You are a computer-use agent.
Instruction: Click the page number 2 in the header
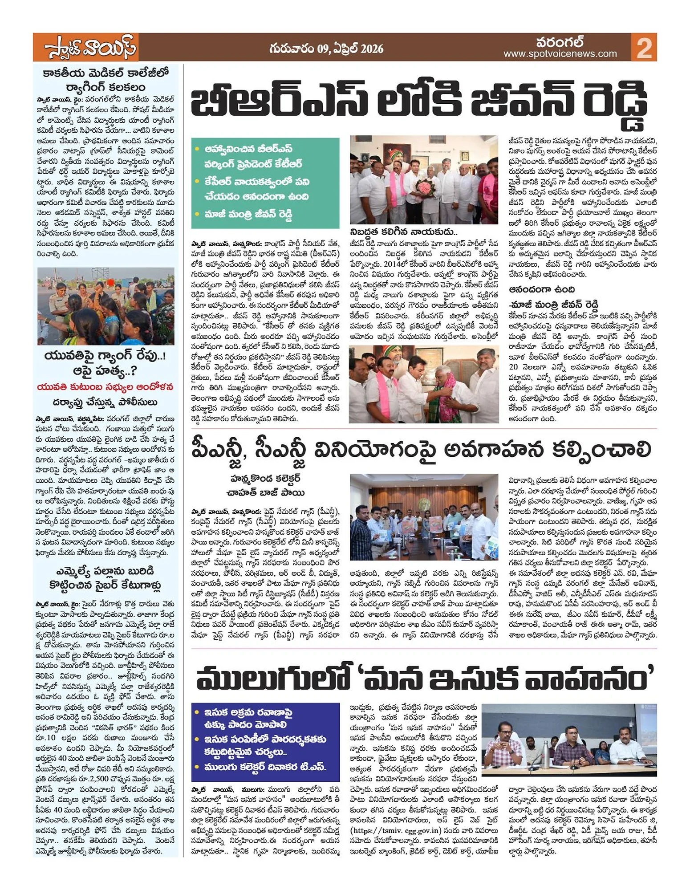(644, 48)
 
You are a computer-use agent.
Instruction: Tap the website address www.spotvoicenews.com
(560, 54)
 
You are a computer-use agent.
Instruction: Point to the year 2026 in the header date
(372, 49)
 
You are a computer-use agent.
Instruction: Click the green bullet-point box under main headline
(265, 183)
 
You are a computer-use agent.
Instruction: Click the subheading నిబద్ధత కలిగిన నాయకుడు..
(404, 232)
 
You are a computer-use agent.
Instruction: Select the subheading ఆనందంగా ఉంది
(542, 289)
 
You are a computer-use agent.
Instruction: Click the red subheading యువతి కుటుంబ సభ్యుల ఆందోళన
(106, 387)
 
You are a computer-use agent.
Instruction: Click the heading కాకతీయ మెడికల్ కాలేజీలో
(106, 73)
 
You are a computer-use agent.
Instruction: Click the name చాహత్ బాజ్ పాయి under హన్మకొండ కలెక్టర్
(266, 493)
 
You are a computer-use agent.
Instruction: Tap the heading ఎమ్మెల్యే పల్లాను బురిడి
(105, 571)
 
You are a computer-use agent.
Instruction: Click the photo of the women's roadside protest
(106, 306)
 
